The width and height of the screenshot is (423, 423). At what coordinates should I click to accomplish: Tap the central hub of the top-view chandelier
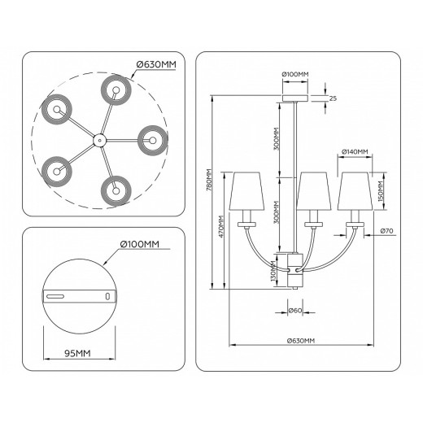[98, 140]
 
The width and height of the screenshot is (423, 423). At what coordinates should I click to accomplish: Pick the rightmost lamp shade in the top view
[152, 140]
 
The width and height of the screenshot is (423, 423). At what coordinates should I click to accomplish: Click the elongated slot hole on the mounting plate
[59, 296]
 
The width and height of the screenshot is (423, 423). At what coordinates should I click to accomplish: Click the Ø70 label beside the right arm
[387, 232]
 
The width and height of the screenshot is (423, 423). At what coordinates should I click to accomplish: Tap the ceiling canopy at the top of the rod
[294, 98]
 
